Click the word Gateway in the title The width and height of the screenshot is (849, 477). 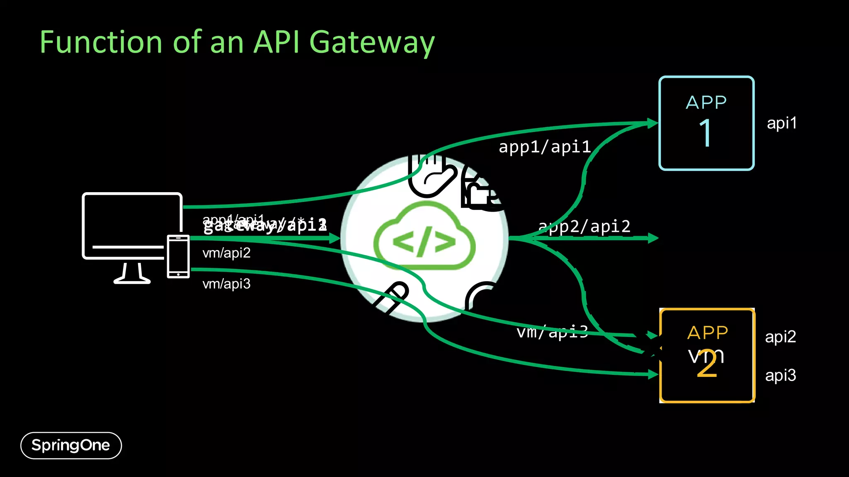click(372, 43)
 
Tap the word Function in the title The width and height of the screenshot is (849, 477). click(101, 43)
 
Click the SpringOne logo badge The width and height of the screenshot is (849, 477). click(71, 446)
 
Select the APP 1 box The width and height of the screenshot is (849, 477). click(706, 123)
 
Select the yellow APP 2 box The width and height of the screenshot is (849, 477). click(707, 355)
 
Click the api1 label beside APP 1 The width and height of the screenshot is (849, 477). click(781, 123)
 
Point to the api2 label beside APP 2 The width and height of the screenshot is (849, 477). click(780, 337)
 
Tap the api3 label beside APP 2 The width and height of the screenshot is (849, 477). click(780, 375)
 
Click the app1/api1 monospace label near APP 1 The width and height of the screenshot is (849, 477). click(544, 147)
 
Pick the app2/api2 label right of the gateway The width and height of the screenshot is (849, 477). click(584, 226)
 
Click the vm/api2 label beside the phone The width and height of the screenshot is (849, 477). click(226, 253)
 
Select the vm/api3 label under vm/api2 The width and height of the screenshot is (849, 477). click(226, 284)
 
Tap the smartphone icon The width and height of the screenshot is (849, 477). click(178, 256)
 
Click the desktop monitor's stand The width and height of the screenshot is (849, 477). click(132, 274)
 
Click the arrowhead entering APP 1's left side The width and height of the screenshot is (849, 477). click(653, 123)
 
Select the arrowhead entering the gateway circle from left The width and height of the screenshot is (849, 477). click(335, 238)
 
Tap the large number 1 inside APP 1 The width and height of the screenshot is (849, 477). click(706, 133)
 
